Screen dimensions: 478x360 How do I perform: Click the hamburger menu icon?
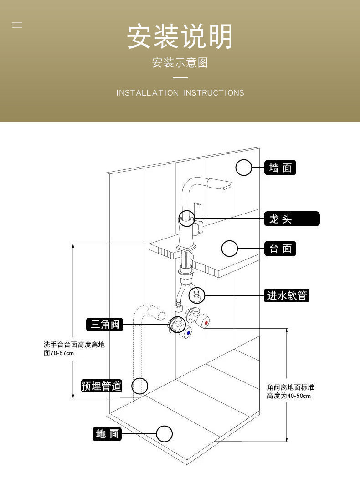click(x=17, y=25)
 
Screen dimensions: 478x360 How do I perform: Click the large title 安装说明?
click(x=180, y=36)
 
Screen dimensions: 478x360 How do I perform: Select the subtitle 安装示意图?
click(x=180, y=62)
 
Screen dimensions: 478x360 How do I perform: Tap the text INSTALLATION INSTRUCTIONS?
click(x=180, y=93)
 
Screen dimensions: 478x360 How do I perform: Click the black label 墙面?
click(x=280, y=168)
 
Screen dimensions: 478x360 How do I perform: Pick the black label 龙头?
click(x=292, y=219)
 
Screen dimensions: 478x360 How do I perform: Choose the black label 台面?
click(x=280, y=249)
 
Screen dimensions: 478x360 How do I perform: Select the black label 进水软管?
click(x=287, y=296)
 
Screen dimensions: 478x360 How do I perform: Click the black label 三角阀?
click(x=105, y=324)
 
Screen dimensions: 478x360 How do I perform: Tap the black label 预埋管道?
click(x=102, y=386)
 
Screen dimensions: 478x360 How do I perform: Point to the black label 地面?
click(x=107, y=434)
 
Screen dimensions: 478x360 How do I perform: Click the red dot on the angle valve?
click(x=206, y=323)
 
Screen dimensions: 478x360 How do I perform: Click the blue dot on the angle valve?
click(x=188, y=333)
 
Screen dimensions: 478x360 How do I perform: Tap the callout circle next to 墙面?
click(x=244, y=168)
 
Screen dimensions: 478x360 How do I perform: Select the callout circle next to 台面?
click(x=230, y=249)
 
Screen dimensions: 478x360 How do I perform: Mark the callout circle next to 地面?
click(x=165, y=434)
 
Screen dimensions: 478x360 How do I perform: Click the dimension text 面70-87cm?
click(x=59, y=353)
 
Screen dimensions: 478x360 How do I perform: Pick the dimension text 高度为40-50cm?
click(x=289, y=396)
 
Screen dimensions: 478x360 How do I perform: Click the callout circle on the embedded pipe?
click(x=140, y=386)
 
